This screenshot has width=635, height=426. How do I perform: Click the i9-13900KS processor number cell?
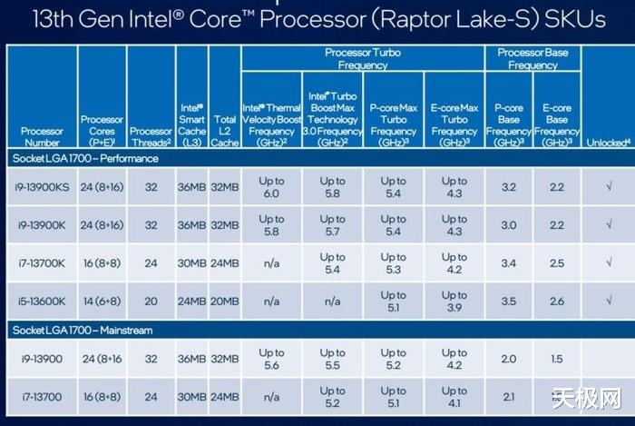(42, 187)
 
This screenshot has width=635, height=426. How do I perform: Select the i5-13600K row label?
(42, 302)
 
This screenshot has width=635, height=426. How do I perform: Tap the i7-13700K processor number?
(42, 263)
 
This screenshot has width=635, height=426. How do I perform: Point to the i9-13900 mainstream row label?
(40, 359)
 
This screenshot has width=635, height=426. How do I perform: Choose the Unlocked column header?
(608, 143)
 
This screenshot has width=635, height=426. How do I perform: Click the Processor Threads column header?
(151, 137)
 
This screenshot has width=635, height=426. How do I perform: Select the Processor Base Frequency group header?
(532, 59)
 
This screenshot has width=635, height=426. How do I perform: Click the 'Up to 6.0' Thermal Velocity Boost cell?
(271, 187)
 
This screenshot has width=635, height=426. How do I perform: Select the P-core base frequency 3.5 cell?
(508, 302)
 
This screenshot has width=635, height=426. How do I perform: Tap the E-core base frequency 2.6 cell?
(557, 302)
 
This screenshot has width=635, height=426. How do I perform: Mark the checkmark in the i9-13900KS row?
(608, 187)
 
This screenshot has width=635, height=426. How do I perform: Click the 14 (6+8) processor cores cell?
(103, 302)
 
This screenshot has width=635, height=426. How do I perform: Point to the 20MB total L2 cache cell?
(224, 302)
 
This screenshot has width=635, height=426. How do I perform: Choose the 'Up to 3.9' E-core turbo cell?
(454, 302)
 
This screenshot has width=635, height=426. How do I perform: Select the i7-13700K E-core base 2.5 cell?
(557, 263)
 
